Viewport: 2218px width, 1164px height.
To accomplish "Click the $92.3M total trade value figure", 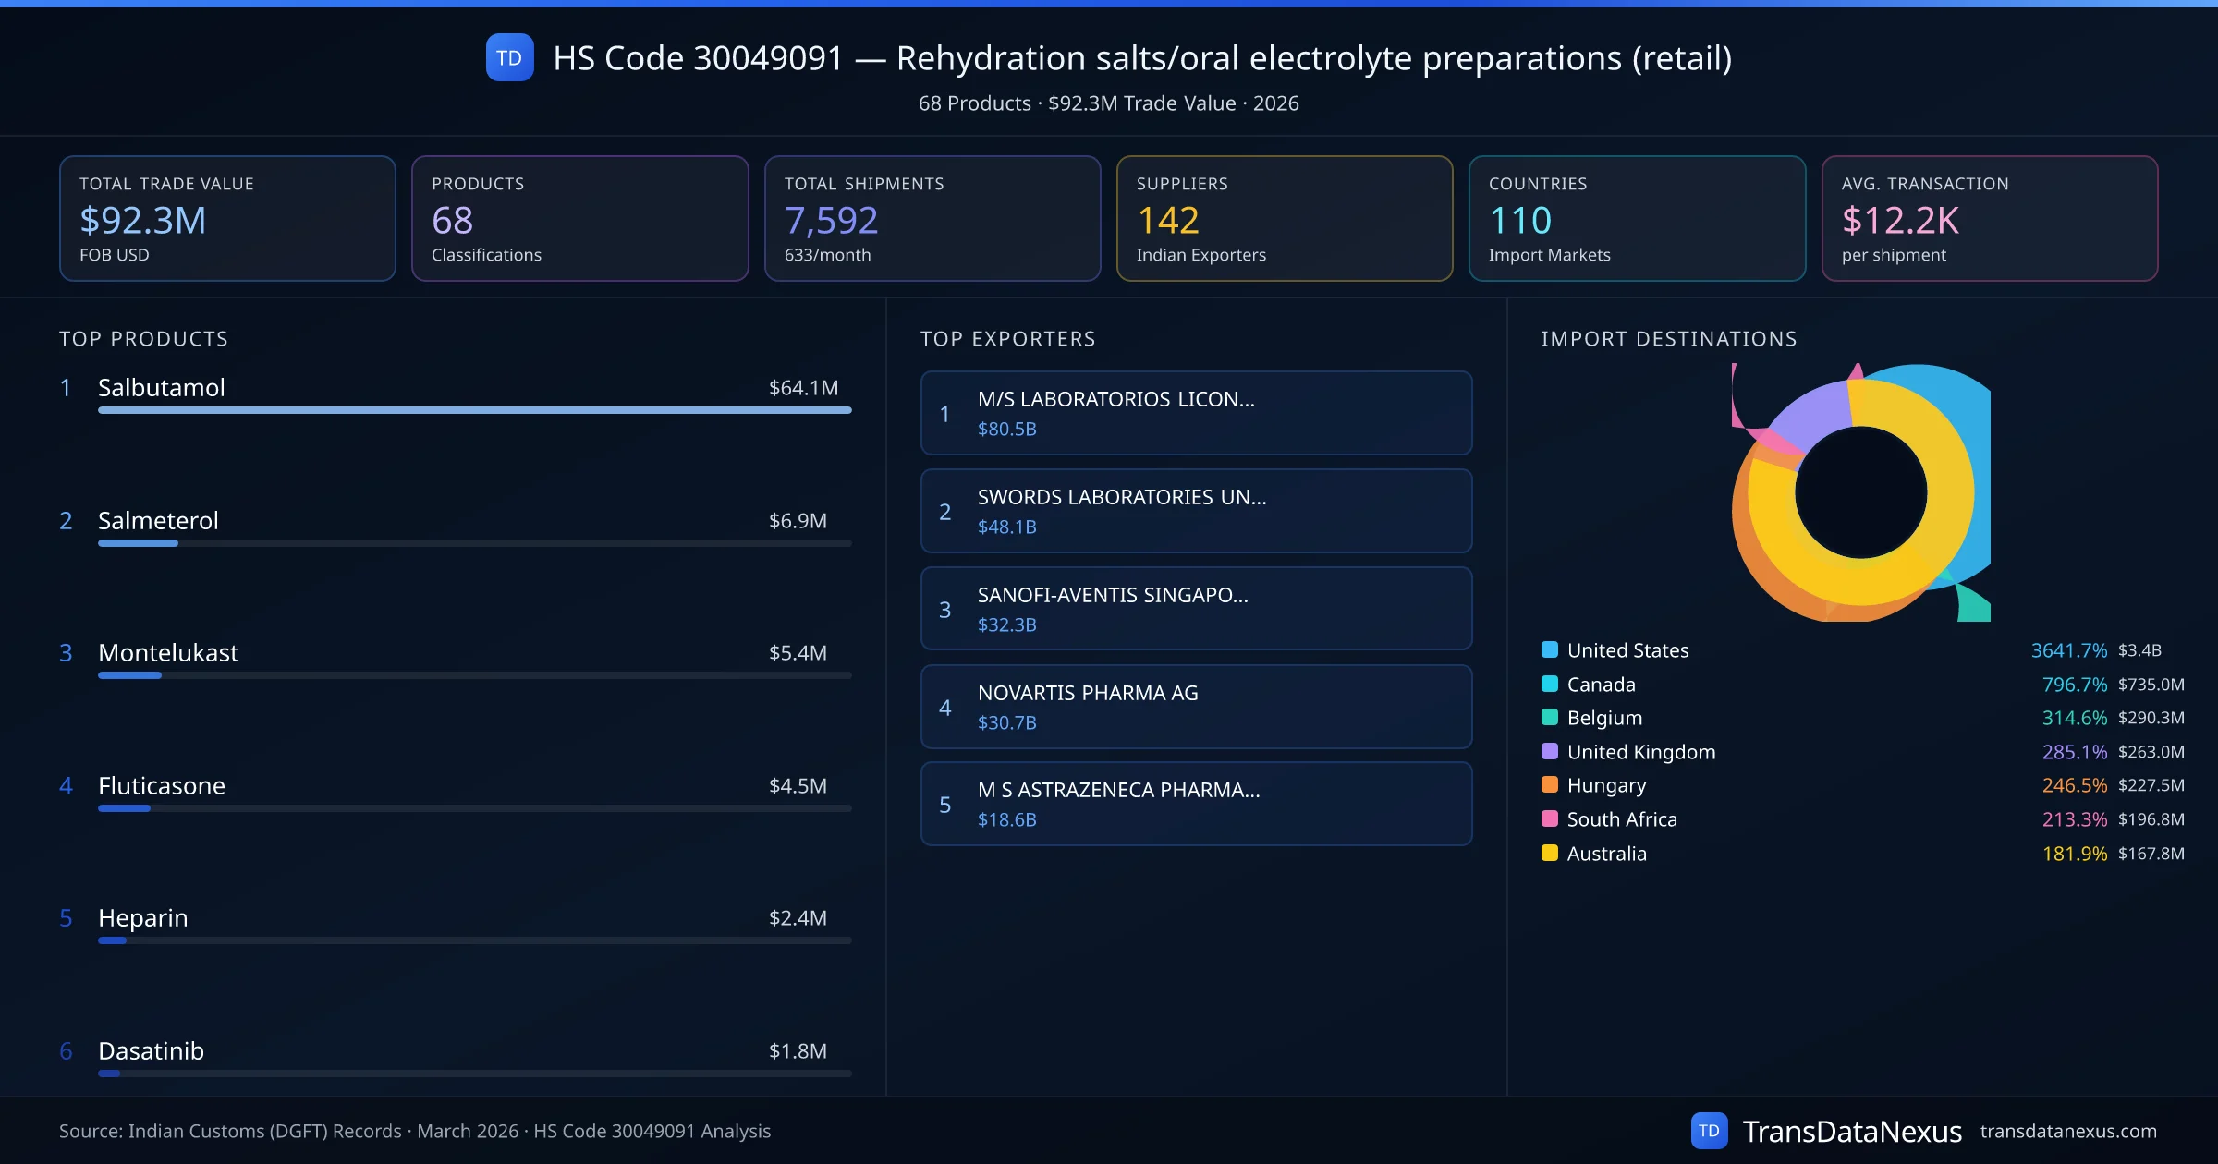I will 142,220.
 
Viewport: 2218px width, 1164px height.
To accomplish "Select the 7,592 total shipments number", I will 831,220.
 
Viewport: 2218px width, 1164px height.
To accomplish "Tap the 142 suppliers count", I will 1167,220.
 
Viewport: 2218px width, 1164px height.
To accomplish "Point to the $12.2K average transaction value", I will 1899,220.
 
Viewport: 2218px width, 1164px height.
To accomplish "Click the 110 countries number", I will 1520,220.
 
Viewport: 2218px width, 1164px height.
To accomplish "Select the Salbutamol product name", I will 162,387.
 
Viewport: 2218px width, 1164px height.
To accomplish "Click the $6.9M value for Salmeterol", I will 798,520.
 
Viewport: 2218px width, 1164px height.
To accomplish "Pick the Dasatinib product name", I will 151,1050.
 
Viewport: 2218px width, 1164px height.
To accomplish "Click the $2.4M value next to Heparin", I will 798,917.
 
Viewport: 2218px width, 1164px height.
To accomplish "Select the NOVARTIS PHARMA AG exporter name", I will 1088,693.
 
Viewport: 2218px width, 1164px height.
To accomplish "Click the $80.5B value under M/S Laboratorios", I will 1006,429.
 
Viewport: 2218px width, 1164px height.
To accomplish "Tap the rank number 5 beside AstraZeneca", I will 944,805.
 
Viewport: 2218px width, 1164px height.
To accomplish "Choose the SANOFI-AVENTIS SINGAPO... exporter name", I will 1113,595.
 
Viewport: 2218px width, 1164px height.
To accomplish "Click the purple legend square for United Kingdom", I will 1550,751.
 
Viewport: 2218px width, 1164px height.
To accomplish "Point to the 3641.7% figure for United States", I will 2068,650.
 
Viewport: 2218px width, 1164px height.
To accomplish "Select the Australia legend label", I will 1606,854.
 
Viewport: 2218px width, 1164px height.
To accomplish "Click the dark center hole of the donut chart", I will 1860,492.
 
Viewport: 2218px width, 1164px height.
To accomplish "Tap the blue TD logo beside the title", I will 509,57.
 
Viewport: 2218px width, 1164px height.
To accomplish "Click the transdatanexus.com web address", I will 2068,1131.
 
